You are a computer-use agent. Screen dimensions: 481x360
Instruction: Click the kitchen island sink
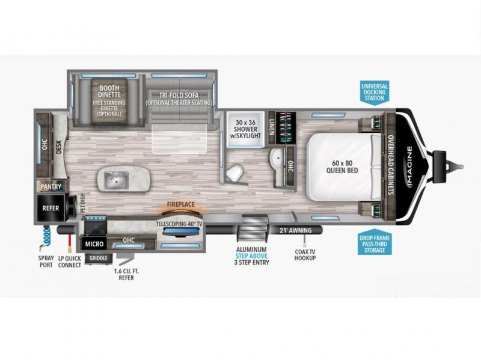pos(116,180)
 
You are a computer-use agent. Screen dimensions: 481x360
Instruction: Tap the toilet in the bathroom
pos(235,172)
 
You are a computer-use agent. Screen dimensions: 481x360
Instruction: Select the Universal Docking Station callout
pos(374,92)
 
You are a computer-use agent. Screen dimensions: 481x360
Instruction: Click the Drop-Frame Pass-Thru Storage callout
pos(374,244)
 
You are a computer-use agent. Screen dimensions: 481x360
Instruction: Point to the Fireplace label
pos(181,204)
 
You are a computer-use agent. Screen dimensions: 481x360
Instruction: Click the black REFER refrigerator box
pos(51,208)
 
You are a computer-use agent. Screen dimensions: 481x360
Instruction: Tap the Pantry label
pos(51,186)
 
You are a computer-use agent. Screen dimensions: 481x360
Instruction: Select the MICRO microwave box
pos(94,244)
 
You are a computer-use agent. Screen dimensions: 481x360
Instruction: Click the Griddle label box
pos(99,258)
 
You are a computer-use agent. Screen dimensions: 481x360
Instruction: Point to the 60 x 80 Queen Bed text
pos(342,166)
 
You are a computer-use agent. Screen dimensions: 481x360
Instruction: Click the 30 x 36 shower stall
pos(245,129)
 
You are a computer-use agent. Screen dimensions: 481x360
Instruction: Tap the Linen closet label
pos(272,127)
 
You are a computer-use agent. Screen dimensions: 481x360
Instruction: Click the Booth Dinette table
pos(109,101)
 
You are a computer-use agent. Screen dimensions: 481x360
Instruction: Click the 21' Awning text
pos(295,230)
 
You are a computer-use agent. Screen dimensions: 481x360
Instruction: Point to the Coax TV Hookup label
pos(305,255)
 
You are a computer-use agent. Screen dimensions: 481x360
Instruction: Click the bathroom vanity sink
pos(278,159)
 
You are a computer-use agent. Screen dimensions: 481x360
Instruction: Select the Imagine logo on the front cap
pos(409,166)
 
